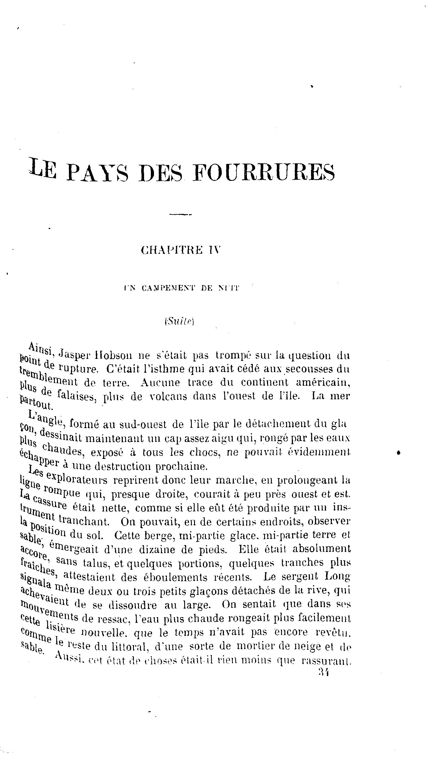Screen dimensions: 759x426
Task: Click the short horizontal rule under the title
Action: coord(180,214)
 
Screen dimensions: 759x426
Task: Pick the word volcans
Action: coord(168,396)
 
